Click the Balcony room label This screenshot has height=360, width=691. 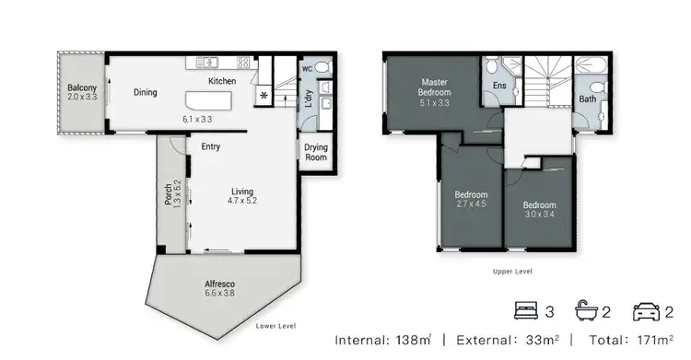(80, 89)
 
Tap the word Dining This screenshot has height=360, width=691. (145, 92)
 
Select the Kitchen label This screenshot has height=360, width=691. (222, 82)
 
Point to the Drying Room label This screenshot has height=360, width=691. (316, 153)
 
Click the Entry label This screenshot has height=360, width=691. (210, 145)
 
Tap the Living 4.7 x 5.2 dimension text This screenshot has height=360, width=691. (242, 200)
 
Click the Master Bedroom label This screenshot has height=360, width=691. (435, 92)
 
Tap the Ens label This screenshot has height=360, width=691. (498, 85)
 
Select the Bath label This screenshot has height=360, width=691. (587, 99)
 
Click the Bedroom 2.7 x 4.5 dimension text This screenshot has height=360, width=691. (471, 204)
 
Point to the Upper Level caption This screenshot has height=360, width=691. (512, 273)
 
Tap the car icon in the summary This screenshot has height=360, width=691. (646, 311)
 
